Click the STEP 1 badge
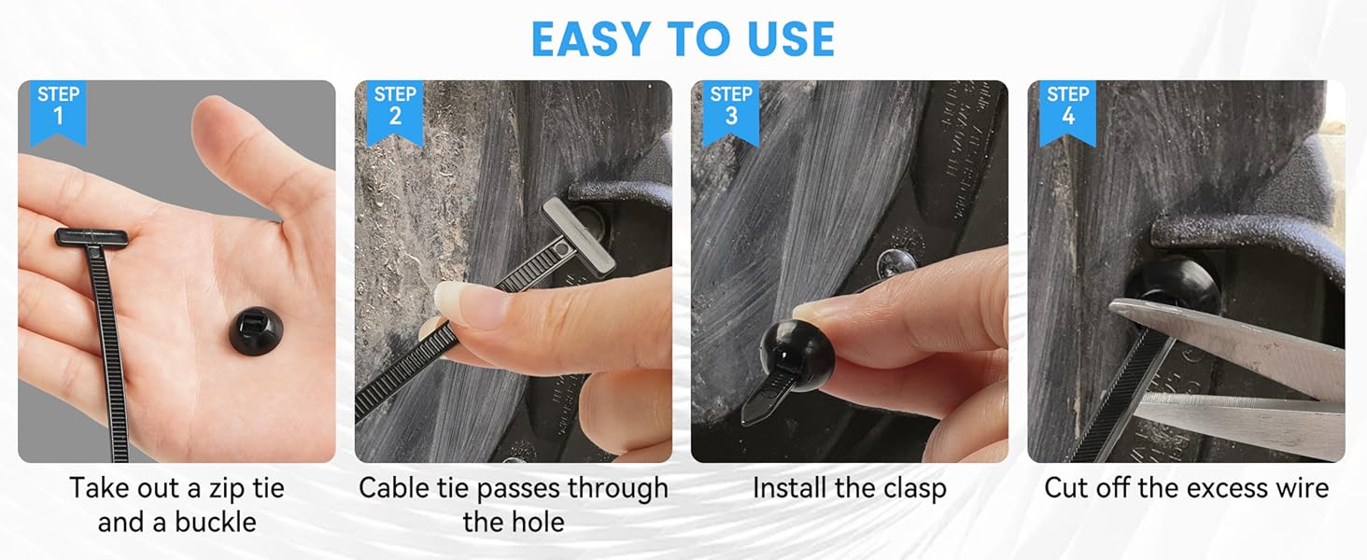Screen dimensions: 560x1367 [x=58, y=106]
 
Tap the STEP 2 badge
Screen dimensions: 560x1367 [x=395, y=106]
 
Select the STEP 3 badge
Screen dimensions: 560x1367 [x=731, y=106]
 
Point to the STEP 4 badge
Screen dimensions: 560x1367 [x=1067, y=106]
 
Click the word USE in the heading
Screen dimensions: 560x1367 [x=786, y=38]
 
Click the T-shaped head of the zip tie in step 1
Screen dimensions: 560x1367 [x=92, y=237]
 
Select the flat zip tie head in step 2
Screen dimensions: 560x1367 [x=579, y=233]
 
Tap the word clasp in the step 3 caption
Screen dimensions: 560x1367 [x=907, y=488]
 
